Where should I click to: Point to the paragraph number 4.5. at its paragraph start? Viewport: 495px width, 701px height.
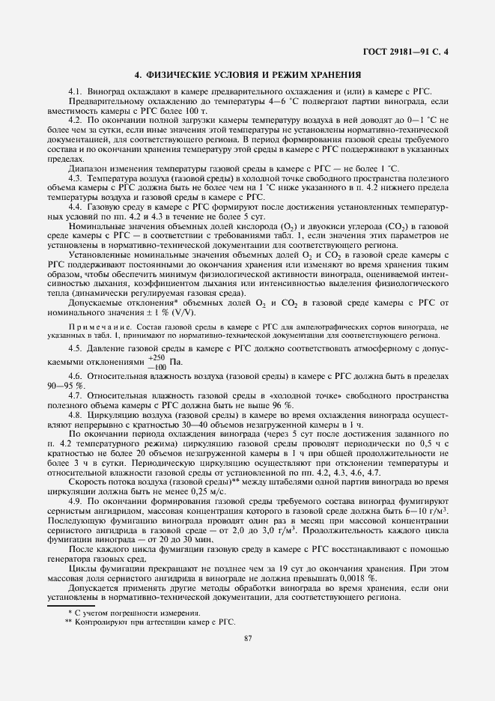pyautogui.click(x=77, y=348)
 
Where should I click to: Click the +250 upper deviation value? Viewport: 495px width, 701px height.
pyautogui.click(x=138, y=357)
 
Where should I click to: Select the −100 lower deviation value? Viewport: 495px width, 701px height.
pyautogui.click(x=138, y=368)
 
